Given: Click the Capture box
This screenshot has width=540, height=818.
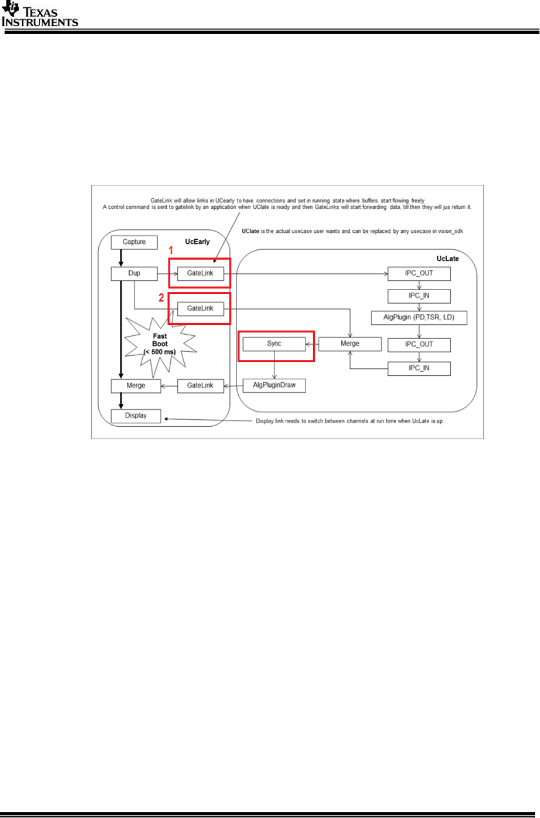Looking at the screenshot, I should (134, 242).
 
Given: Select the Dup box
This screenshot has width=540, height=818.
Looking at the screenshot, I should (134, 273).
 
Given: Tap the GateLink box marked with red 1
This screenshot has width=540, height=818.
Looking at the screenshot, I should (200, 273).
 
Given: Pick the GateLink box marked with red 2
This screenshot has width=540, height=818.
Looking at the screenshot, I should (200, 308).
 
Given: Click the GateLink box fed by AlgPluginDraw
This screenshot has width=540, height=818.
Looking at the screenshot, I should (200, 386).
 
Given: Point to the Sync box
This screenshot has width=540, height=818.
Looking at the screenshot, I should (274, 344).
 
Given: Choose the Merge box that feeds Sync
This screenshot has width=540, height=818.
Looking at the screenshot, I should (350, 344).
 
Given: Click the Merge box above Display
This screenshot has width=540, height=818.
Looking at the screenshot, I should (136, 386).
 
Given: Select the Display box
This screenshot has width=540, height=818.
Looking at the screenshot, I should (136, 416).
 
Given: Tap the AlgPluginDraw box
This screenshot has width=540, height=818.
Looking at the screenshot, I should (274, 386).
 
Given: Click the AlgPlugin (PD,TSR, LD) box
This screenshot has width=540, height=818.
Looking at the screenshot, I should (419, 317).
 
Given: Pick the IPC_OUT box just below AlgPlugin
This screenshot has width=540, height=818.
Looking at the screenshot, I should (419, 344).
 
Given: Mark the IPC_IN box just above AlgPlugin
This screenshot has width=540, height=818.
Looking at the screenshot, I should (419, 296).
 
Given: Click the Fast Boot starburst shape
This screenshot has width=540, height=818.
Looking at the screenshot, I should (160, 344).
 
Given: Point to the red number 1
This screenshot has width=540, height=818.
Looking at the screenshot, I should (170, 251).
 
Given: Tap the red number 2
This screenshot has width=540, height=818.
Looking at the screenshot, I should (161, 298).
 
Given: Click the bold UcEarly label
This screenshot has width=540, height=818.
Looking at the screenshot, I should (197, 242).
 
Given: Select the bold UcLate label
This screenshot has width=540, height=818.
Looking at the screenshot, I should (447, 259).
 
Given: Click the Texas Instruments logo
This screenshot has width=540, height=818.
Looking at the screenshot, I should (40, 15).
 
